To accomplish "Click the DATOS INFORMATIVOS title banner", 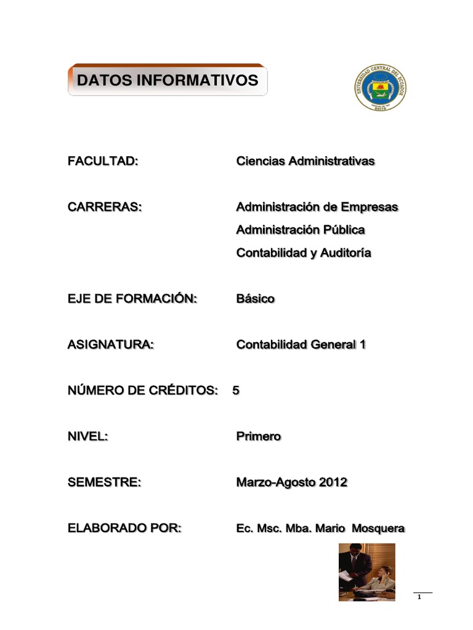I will pos(167,80).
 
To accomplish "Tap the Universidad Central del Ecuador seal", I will pos(381,88).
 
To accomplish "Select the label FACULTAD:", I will pos(102,161).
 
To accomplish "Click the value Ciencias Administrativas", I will pos(305,161).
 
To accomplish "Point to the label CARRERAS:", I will pos(104,207).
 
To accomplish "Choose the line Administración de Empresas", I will pos(317,207).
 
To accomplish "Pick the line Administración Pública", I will pos(301,230).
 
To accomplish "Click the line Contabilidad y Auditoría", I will pos(304,253).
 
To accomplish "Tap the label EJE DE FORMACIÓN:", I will pos(132,299).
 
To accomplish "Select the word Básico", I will pos(256,299).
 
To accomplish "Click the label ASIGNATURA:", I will pos(110,345).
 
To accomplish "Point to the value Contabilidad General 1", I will pos(301,345).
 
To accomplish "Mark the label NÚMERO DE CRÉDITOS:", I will pos(143,391).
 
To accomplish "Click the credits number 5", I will pos(236,391).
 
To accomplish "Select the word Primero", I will pos(259,437).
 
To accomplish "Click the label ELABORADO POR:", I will pos(124,528).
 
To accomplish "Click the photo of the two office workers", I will pos(366,572).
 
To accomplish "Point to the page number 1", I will pos(419,597).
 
